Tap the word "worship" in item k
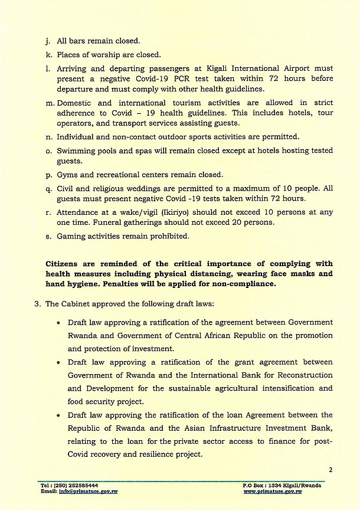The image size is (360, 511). (x=107, y=55)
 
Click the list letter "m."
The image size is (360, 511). (x=50, y=103)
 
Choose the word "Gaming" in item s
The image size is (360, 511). (x=70, y=236)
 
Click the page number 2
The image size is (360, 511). (x=330, y=470)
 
